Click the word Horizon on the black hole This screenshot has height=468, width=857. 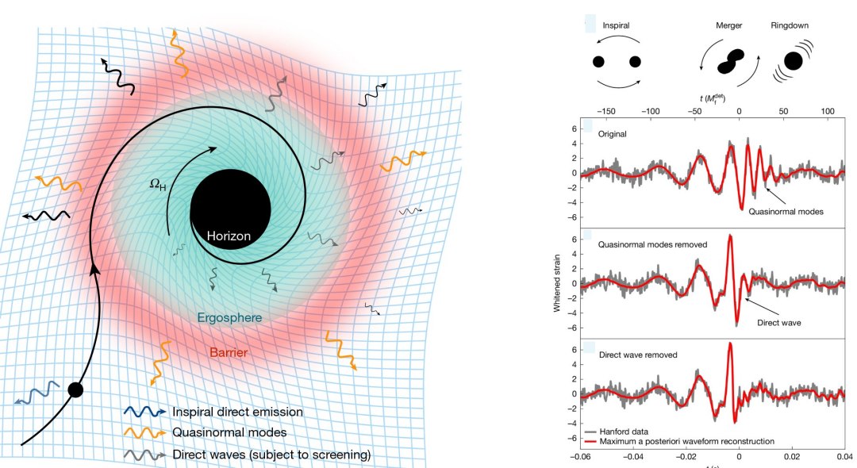coord(229,236)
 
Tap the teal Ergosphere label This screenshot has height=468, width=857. coord(229,318)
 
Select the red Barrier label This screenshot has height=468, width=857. coord(229,353)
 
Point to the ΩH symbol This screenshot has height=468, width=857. coord(157,185)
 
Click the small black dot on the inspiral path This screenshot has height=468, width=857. coord(75,390)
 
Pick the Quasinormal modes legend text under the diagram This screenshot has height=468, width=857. coord(229,432)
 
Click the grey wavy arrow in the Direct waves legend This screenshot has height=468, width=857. coord(145,455)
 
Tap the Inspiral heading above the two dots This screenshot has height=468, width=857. coord(616,25)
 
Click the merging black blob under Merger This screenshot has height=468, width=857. coord(731,62)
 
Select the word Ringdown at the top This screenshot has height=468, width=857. coord(790,25)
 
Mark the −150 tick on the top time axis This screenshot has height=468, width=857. coord(605,111)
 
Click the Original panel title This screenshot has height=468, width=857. coord(612,134)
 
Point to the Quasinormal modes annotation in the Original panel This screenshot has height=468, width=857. coord(786,211)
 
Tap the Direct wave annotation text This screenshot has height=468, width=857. coord(779,323)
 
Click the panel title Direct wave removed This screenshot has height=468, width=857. coord(638,355)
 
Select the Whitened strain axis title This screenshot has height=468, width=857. coord(557,283)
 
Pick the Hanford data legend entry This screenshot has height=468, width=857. coord(624,432)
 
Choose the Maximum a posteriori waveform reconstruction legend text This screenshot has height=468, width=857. coord(686,441)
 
